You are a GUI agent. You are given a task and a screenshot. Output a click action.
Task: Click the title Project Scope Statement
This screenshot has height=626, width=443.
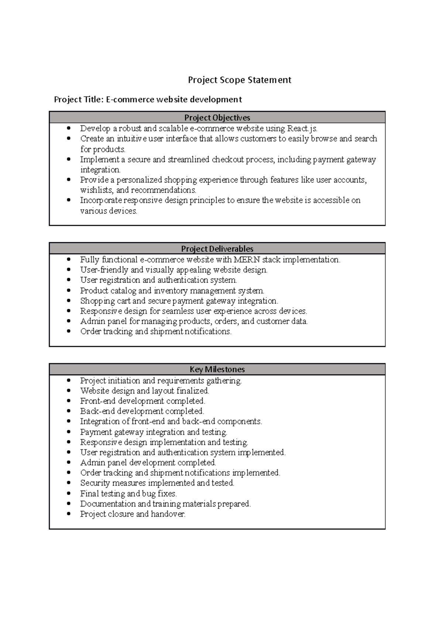(x=240, y=80)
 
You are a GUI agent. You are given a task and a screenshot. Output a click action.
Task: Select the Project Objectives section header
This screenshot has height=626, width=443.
(x=217, y=118)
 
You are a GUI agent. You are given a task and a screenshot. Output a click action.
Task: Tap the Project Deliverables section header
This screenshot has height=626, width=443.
(x=217, y=249)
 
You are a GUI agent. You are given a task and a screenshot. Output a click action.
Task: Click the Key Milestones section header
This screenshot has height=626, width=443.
(x=217, y=369)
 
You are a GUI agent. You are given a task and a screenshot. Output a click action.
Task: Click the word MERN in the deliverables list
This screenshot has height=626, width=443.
(x=247, y=260)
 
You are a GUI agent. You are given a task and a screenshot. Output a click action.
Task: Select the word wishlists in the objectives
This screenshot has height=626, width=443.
(x=96, y=190)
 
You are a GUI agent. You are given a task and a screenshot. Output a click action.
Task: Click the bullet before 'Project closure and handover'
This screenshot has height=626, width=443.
(x=69, y=514)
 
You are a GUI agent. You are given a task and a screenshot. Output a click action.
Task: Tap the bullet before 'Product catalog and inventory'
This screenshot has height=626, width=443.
(x=69, y=291)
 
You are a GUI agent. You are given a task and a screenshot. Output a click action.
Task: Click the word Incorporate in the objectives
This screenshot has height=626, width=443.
(x=101, y=201)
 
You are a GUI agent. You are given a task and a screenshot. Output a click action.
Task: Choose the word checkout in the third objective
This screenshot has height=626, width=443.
(x=227, y=160)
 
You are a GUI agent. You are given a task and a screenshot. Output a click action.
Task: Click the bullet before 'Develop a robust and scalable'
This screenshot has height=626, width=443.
(x=69, y=128)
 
